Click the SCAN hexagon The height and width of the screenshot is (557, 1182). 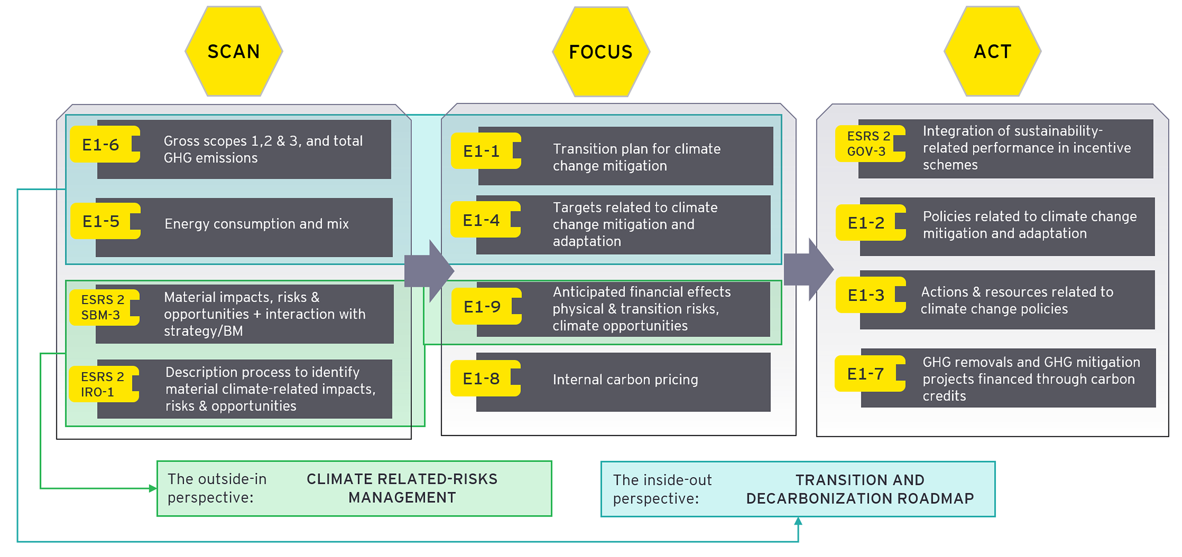(x=234, y=51)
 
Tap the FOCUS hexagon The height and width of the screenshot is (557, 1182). (x=601, y=52)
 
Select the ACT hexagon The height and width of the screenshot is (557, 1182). (x=992, y=51)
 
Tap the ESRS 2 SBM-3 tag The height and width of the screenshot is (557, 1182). (x=103, y=307)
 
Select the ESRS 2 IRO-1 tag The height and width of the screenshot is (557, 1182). (x=102, y=384)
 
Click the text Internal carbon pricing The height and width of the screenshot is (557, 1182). (x=625, y=379)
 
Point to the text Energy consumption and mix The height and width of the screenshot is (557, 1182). (x=257, y=224)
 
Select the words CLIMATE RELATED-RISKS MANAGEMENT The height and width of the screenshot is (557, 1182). (x=401, y=488)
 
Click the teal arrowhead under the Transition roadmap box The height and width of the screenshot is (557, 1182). (x=798, y=521)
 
